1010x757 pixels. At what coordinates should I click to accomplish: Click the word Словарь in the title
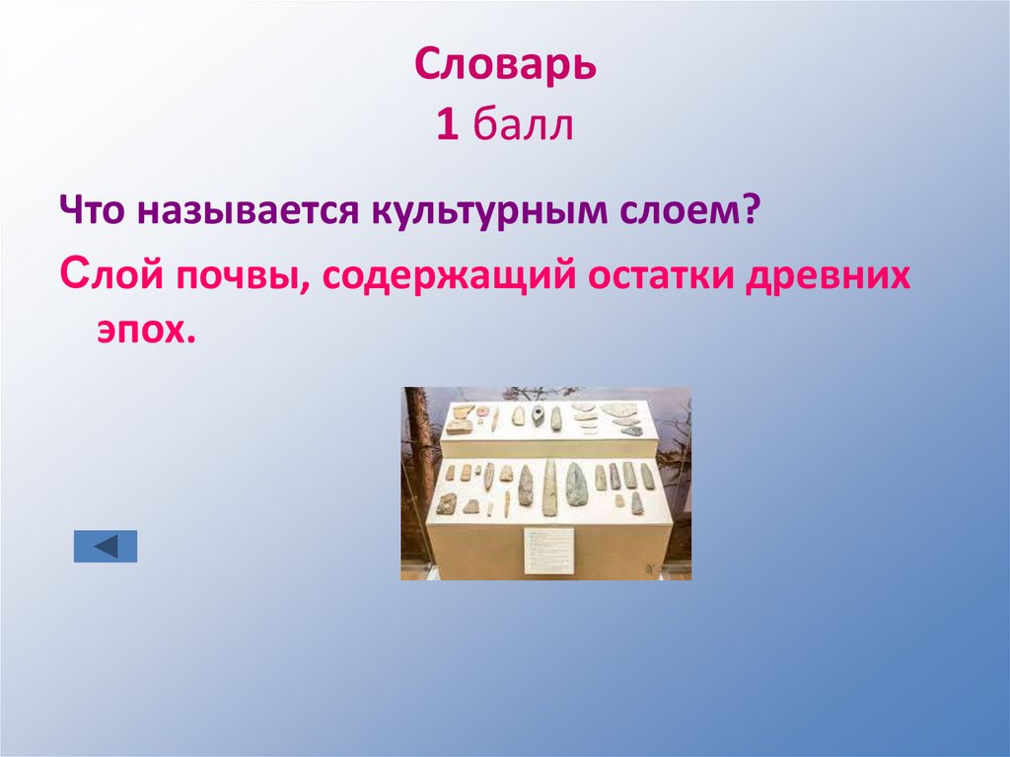tap(505, 67)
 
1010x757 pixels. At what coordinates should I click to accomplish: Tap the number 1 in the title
tap(447, 127)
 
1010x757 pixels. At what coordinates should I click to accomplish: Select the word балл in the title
tap(523, 127)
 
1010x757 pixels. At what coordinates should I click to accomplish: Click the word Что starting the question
tap(93, 211)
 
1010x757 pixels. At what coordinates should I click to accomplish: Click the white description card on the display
tap(547, 551)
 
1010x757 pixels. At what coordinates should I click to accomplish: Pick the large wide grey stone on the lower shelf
tap(576, 485)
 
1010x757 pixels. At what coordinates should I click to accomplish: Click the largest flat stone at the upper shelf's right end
tap(620, 409)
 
